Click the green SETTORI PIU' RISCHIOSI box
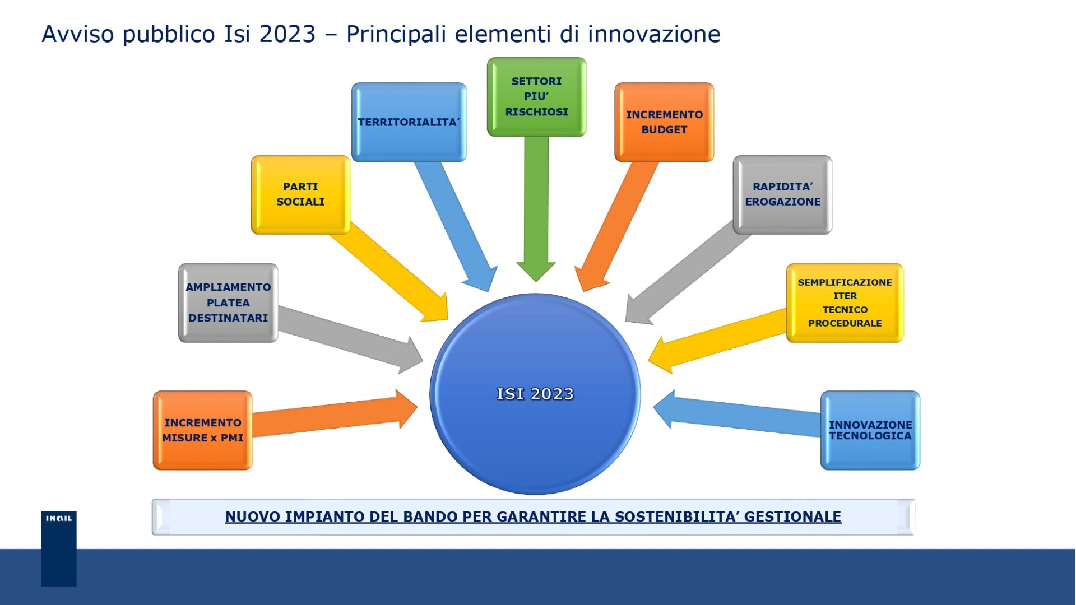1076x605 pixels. pyautogui.click(x=536, y=97)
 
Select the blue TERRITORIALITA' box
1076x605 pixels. pyautogui.click(x=409, y=122)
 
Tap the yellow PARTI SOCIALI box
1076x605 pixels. pyautogui.click(x=300, y=194)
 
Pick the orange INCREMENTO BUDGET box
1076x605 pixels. pyautogui.click(x=664, y=122)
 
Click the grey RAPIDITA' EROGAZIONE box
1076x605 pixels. pyautogui.click(x=782, y=194)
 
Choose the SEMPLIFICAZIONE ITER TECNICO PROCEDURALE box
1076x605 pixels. pyautogui.click(x=845, y=302)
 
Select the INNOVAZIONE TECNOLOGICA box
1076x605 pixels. pyautogui.click(x=870, y=430)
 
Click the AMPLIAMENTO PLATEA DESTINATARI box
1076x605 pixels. pyautogui.click(x=228, y=302)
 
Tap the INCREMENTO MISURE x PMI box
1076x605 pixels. pyautogui.click(x=202, y=430)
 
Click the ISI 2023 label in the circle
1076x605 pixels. pyautogui.click(x=535, y=394)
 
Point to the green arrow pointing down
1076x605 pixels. pyautogui.click(x=536, y=209)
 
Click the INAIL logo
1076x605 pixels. pyautogui.click(x=59, y=548)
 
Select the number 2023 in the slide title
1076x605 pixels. pyautogui.click(x=287, y=34)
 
